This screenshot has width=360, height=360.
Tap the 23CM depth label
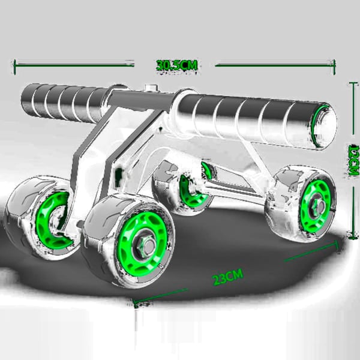[227, 277]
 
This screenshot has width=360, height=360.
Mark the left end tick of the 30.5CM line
[15, 62]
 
